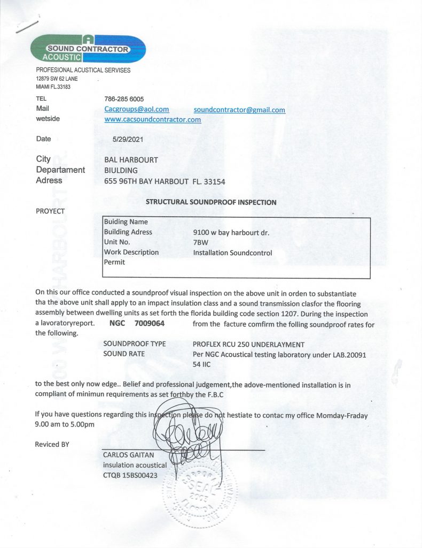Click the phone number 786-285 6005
(124, 99)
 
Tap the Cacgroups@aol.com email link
(136, 109)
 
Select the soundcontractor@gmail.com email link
(239, 110)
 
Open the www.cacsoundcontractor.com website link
(152, 119)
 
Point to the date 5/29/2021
(123, 139)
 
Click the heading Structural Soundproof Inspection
(211, 202)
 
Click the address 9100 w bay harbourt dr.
(231, 232)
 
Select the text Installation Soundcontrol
(232, 252)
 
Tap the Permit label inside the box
(114, 262)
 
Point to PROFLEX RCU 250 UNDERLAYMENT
(248, 344)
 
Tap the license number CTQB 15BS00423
(130, 475)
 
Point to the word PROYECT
(50, 211)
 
